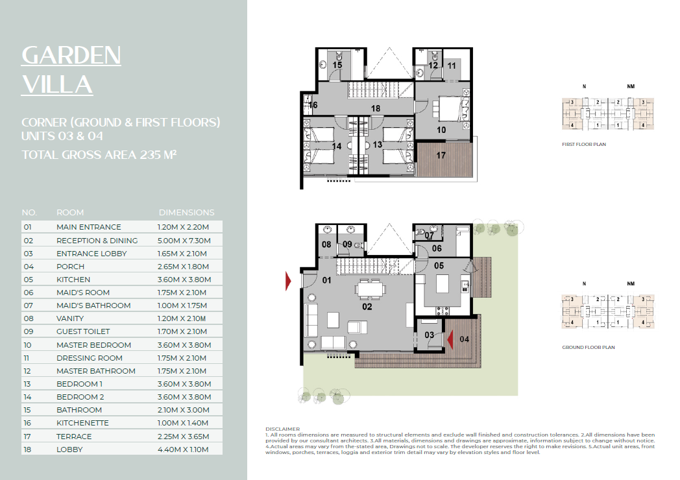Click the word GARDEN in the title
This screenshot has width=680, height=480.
point(71,56)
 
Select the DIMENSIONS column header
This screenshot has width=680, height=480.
point(186,213)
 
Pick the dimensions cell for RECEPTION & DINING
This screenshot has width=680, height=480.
point(184,240)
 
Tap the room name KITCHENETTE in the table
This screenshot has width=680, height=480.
point(82,423)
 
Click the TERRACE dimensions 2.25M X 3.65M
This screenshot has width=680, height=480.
point(183,436)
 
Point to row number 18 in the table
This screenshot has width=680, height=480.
point(27,450)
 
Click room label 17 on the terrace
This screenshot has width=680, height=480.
point(441,155)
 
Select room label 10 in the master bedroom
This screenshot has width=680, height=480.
point(441,130)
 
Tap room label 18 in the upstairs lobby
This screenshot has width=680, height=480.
point(376,108)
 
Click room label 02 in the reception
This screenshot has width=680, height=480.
point(367,307)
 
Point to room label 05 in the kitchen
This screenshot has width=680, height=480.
point(439,265)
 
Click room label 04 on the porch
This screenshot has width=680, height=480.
point(464,339)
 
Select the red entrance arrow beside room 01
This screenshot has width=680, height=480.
point(288,281)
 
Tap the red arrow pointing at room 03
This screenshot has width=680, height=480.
point(450,339)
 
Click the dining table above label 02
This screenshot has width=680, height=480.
point(370,288)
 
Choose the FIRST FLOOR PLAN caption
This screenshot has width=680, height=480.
point(584,145)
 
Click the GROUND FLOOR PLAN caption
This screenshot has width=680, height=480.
point(588,347)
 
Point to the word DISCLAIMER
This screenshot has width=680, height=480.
point(282,429)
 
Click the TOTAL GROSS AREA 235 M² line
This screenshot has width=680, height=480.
point(99,155)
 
